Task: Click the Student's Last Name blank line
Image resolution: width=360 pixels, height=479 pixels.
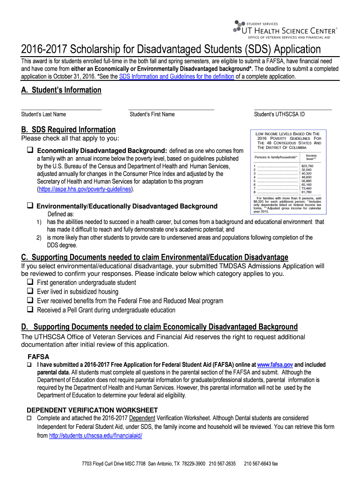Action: [61, 109]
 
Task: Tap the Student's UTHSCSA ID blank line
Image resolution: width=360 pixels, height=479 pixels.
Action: [293, 109]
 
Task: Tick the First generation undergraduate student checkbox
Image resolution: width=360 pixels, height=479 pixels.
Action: [30, 283]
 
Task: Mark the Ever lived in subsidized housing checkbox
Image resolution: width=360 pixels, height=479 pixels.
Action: [30, 291]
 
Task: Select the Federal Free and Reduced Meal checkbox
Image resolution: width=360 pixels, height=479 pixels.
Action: [30, 301]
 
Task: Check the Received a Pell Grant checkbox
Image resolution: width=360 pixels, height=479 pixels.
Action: [30, 310]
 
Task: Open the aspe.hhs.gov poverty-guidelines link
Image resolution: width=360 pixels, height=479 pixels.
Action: [85, 189]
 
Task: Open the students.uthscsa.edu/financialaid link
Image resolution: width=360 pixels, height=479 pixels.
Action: [95, 435]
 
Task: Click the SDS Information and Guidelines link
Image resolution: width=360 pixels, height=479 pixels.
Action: [176, 76]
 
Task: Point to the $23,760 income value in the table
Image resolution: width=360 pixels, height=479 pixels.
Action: [307, 166]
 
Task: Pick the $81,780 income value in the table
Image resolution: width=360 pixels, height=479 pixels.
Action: [307, 192]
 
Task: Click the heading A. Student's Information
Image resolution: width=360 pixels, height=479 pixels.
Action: [61, 90]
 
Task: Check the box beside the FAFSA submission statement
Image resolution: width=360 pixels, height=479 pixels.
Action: [29, 365]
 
